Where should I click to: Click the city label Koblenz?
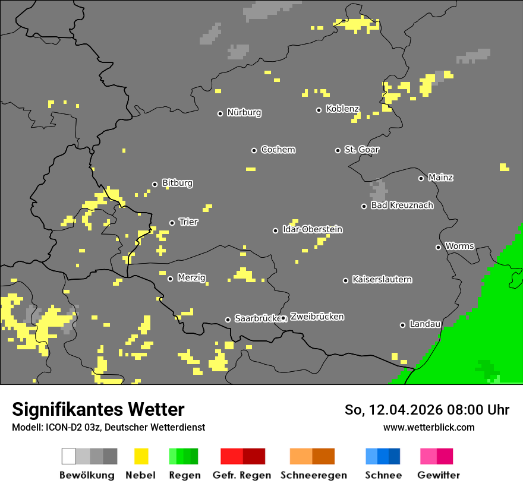342,109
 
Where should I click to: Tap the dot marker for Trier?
172,223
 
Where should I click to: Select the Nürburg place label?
244,112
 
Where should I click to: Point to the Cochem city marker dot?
254,150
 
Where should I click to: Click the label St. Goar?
361,150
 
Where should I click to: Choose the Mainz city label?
440,177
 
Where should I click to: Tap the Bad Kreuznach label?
402,206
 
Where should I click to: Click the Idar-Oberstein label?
312,229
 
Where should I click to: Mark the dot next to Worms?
439,247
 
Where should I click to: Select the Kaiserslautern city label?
382,279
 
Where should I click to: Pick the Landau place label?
425,324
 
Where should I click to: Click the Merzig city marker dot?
170,279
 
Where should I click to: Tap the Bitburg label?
177,183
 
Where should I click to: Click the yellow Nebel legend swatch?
141,456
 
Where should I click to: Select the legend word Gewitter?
438,475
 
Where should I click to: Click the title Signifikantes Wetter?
98,409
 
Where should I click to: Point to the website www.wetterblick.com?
429,427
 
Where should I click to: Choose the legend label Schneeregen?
313,475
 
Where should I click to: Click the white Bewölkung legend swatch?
69,456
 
